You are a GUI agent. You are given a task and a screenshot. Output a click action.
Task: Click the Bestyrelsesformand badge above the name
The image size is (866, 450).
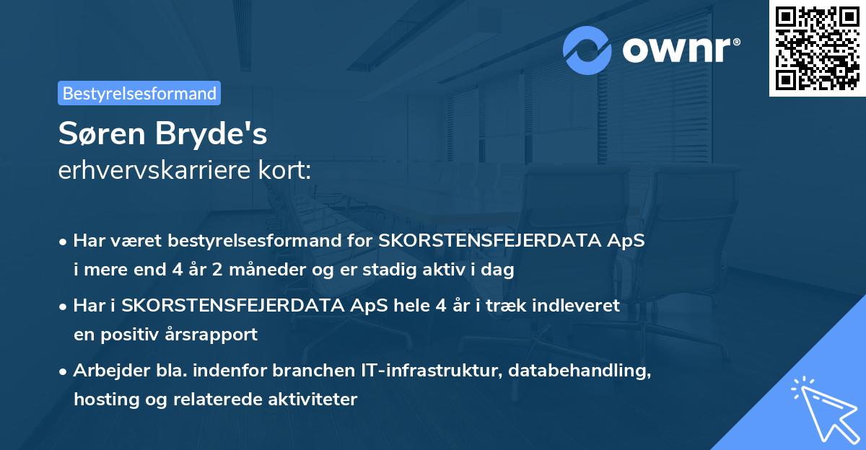click(139, 93)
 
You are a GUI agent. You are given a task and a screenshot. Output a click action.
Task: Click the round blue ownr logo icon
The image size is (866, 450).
click(587, 50)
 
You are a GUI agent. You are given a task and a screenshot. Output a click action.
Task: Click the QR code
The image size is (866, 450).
click(818, 48)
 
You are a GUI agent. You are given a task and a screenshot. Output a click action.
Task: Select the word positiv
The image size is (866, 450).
click(139, 335)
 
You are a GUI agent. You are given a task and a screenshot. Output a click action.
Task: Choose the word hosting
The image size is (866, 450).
click(103, 400)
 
